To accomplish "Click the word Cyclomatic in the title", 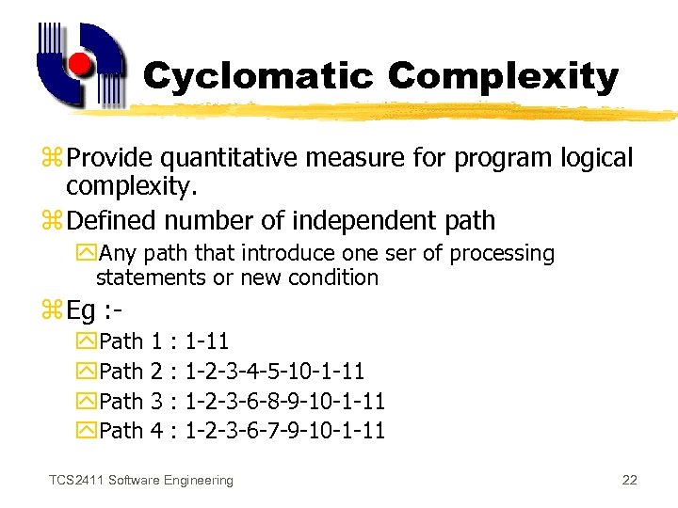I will point(258,76).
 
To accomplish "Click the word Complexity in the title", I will point(503,76).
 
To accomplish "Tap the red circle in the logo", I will point(81,65).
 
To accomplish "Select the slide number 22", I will point(630,481).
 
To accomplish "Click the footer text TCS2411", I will point(76,481).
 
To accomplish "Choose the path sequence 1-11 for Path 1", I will point(207,341).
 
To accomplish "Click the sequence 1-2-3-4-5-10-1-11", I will point(275,372).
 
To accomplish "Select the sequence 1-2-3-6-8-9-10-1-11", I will point(285,402).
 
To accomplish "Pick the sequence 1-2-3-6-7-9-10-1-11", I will point(285,432).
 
